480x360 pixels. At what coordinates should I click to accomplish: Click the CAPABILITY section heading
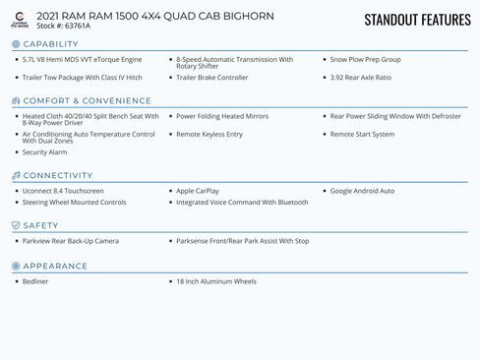click(50, 44)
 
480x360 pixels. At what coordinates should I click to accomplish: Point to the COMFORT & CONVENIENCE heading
click(73, 100)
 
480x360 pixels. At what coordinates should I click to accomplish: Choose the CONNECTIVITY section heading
click(57, 175)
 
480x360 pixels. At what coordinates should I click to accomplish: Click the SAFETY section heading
click(40, 225)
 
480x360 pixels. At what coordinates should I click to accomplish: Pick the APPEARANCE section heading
click(55, 266)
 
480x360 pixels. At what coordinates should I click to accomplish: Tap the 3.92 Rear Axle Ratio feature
click(360, 77)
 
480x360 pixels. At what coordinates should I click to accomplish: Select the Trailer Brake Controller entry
click(211, 77)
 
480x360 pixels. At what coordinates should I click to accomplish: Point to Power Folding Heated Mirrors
click(221, 116)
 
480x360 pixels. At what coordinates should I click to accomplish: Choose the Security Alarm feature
click(44, 152)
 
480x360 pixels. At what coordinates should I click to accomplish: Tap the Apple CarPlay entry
click(198, 191)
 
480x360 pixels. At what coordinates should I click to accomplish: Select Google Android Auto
click(362, 191)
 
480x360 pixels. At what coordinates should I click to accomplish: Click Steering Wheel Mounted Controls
click(74, 203)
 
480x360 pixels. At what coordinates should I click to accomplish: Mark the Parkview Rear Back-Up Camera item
click(70, 241)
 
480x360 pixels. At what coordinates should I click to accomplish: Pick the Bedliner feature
click(34, 281)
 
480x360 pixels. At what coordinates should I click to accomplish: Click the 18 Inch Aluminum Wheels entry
click(215, 281)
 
